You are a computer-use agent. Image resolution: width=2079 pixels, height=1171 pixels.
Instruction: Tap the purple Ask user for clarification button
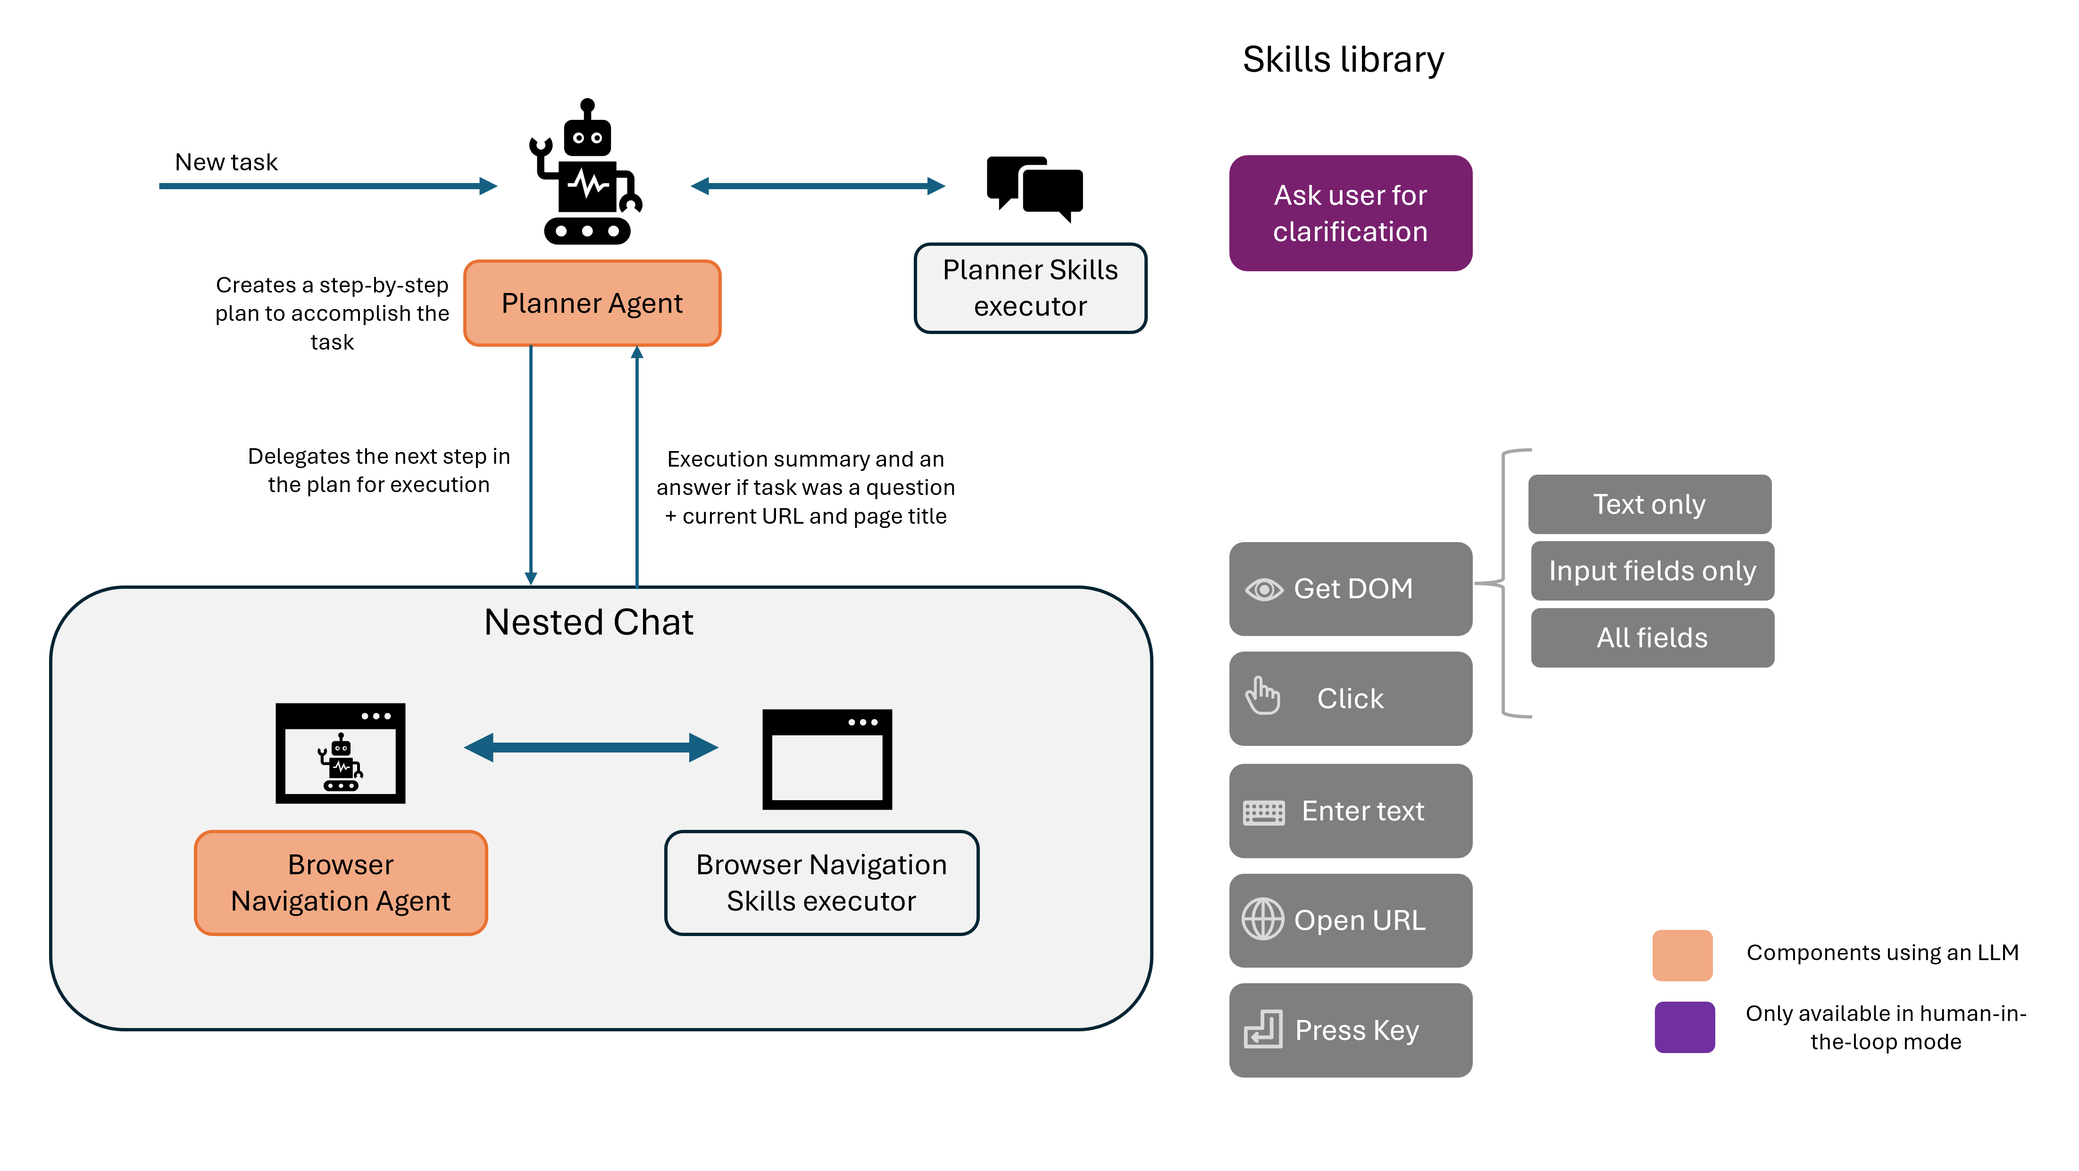(1350, 213)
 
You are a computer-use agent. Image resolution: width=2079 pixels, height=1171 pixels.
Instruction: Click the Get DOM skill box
(1350, 588)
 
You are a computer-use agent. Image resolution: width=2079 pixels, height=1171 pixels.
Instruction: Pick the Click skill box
(1350, 698)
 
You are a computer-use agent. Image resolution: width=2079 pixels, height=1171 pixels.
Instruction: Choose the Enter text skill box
(1350, 810)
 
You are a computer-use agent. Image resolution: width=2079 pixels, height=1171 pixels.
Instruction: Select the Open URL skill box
(1350, 920)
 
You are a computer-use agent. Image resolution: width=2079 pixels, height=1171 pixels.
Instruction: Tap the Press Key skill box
(1350, 1030)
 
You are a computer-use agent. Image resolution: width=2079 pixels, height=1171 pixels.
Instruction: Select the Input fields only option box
(1652, 570)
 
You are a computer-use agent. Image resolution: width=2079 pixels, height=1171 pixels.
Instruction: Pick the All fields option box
(1652, 637)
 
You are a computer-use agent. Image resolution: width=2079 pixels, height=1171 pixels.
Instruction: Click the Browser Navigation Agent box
(341, 883)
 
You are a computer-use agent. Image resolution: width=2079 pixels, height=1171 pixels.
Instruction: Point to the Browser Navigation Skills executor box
(822, 883)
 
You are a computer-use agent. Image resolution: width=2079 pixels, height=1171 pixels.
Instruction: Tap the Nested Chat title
(588, 622)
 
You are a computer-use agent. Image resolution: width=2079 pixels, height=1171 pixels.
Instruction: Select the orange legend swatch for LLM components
(1683, 955)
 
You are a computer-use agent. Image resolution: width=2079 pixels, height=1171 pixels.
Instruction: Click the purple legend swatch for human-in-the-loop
(1684, 1027)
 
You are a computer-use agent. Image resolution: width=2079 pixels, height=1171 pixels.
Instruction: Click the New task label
(226, 162)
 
